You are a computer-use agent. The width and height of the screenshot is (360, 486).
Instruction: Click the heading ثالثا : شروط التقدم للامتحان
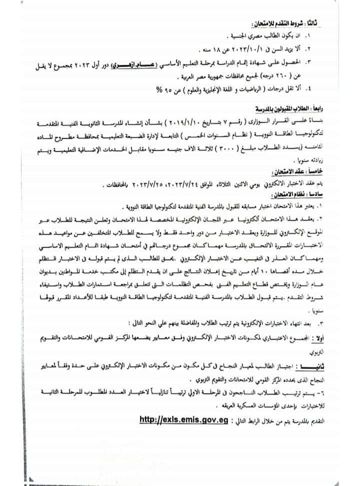pyautogui.click(x=295, y=24)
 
